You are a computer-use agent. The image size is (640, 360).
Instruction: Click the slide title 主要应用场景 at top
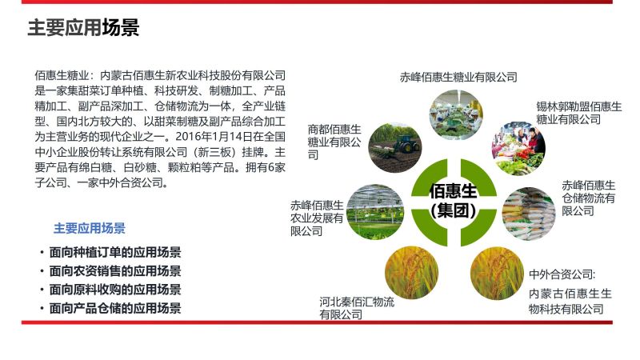[83, 27]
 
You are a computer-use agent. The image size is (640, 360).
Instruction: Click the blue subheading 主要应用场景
[90, 228]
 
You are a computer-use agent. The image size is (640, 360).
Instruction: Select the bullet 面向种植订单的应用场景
[115, 252]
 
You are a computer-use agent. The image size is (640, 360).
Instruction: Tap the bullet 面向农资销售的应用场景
[115, 271]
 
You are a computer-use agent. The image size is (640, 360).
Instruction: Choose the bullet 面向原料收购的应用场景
[115, 290]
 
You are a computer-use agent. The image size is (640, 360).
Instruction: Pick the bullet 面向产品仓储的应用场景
[115, 308]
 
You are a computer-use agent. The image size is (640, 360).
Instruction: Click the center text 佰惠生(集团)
[453, 201]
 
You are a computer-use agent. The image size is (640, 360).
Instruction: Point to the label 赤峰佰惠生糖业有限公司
[458, 77]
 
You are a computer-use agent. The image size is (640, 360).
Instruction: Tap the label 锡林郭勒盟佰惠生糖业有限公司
[578, 113]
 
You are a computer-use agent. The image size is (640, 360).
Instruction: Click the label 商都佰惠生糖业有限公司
[334, 142]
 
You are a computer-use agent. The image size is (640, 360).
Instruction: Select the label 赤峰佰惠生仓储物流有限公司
[588, 198]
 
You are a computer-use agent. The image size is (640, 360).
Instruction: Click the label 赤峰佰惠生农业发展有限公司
[317, 218]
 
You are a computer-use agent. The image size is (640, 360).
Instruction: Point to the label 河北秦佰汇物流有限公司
[357, 308]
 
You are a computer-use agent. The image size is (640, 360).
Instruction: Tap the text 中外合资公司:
[562, 274]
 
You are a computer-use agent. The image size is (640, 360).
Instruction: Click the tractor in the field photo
[406, 143]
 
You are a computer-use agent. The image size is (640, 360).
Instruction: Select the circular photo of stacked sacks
[529, 214]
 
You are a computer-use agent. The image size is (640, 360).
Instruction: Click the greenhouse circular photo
[375, 212]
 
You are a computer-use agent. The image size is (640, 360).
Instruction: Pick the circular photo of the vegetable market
[518, 148]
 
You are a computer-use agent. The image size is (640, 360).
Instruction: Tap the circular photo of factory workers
[456, 114]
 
